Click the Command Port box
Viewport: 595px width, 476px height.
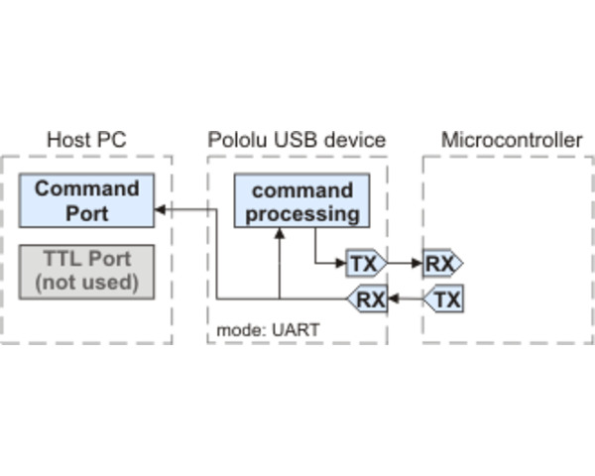tap(87, 200)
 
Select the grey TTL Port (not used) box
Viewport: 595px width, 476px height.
tap(87, 270)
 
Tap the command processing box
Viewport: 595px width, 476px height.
tap(301, 201)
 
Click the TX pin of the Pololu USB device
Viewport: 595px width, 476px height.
tap(365, 264)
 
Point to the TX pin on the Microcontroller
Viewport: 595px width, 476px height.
tap(444, 298)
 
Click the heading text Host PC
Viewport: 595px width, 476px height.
tap(86, 140)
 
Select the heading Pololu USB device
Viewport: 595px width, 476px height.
tap(297, 140)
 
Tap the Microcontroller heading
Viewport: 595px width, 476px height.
tap(511, 140)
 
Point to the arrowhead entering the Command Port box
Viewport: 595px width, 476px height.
tap(160, 210)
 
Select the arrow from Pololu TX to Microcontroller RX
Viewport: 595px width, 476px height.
tap(404, 264)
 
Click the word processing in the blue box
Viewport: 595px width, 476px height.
tap(301, 213)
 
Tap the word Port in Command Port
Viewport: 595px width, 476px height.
tap(87, 212)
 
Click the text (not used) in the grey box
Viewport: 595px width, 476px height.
tap(87, 282)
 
